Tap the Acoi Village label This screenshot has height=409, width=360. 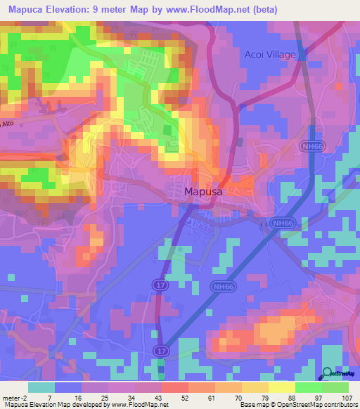pos(271,54)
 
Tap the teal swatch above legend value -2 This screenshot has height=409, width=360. pos(41,387)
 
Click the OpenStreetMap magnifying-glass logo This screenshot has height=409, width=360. pos(328,372)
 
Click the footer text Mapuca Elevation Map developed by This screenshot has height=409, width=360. pos(53,405)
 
